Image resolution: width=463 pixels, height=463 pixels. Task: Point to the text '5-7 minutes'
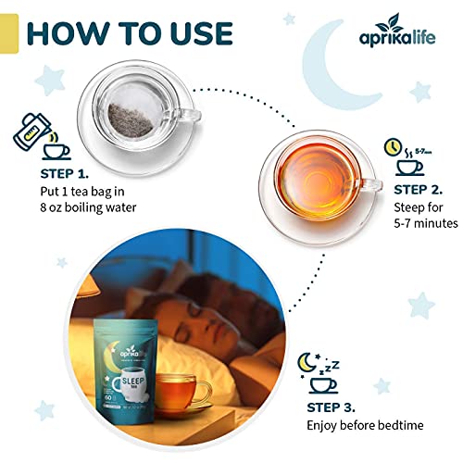point(426,223)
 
